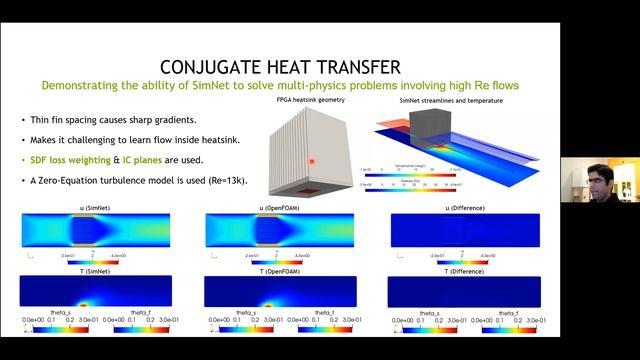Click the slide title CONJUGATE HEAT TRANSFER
pos(283,67)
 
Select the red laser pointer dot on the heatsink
pos(312,161)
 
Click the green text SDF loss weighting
pos(70,161)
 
